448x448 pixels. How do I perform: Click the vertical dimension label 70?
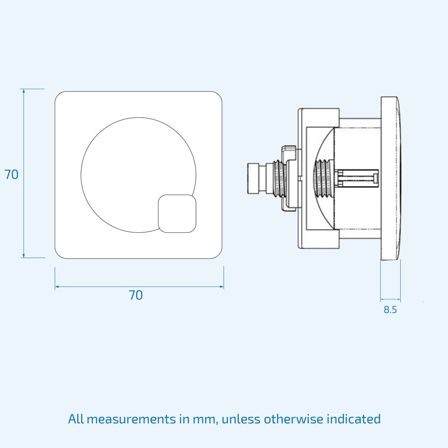[x=11, y=174]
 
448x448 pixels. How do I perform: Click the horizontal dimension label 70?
[x=136, y=295]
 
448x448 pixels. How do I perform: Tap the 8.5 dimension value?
[x=390, y=310]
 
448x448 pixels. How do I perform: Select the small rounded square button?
[x=177, y=213]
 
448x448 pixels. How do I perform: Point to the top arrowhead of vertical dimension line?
[x=24, y=91]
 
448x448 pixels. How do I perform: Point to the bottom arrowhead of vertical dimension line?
[x=24, y=255]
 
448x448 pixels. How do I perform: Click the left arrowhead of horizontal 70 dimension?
[x=57, y=286]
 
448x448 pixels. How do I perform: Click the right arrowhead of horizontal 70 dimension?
[x=221, y=287]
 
